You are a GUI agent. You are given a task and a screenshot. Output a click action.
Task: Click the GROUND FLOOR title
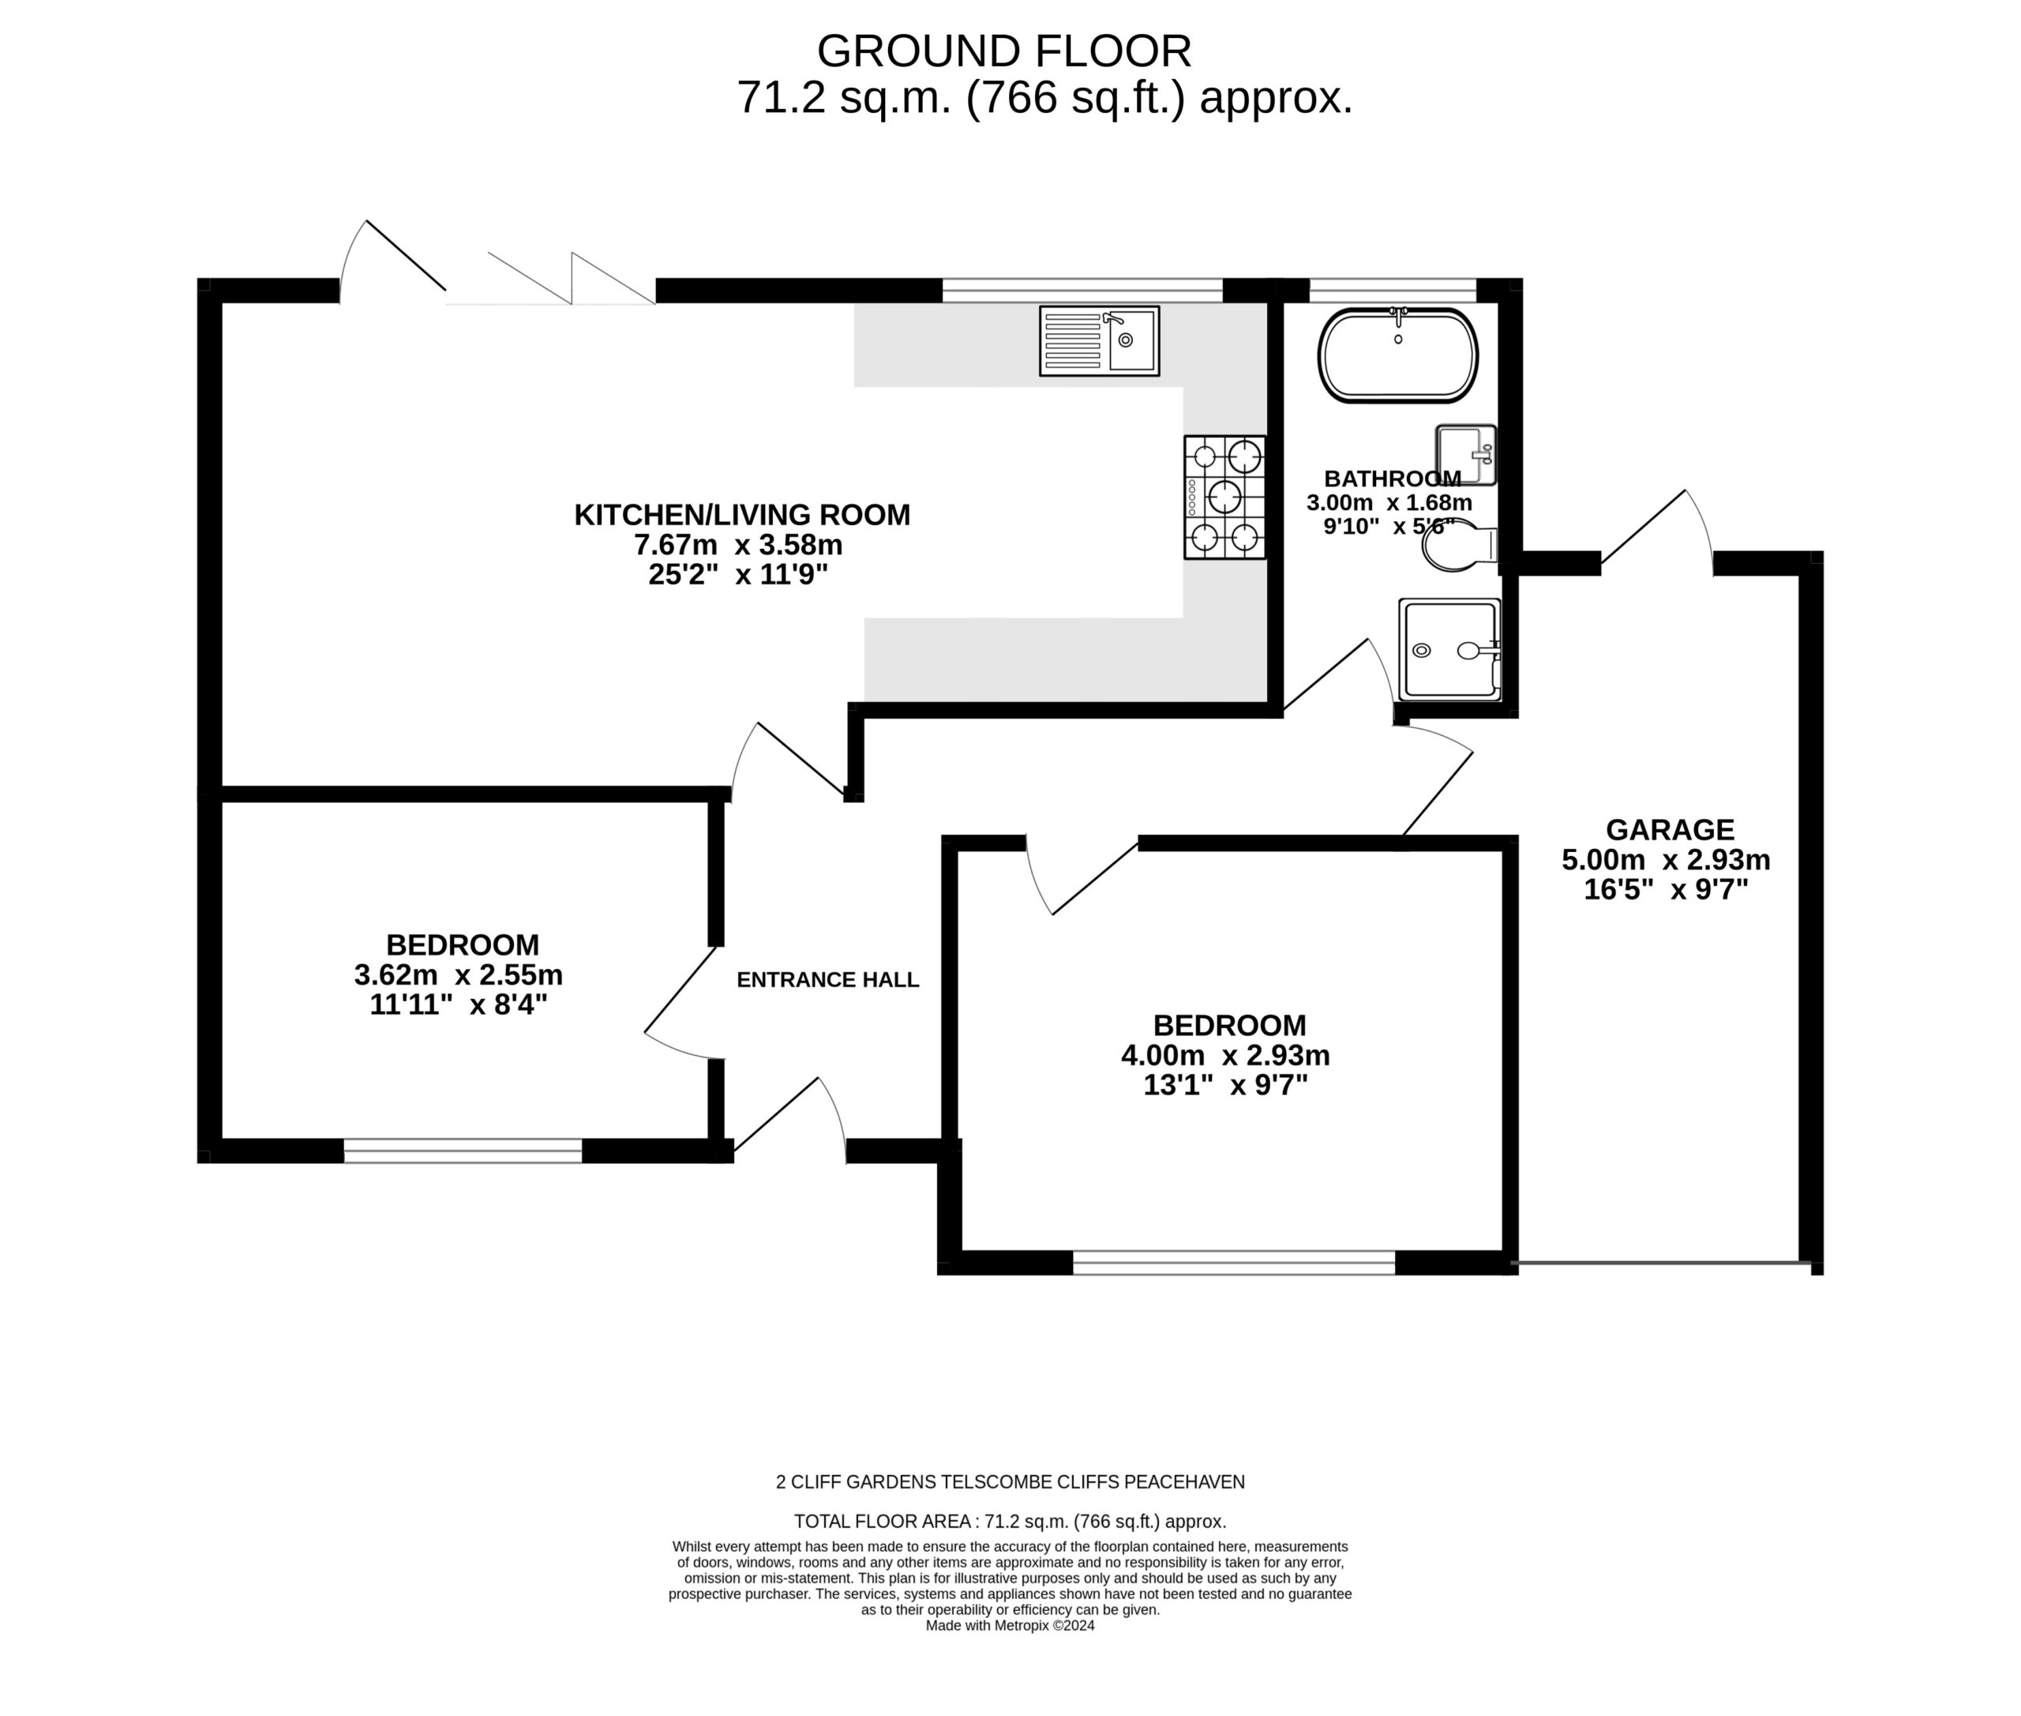coord(1003,51)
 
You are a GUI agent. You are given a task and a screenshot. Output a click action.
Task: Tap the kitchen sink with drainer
coord(1099,340)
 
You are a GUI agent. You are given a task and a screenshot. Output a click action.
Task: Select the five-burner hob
coord(1224,497)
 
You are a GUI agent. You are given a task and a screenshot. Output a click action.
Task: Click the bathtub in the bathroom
coord(1397,355)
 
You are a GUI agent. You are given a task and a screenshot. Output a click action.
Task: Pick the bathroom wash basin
coord(1466,454)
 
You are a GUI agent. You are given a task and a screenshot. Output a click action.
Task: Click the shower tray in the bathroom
coord(1449,649)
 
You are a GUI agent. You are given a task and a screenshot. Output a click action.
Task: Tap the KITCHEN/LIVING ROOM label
coord(742,515)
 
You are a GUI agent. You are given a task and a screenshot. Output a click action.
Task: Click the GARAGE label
coord(1670,830)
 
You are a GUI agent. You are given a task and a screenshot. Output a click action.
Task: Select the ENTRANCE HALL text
coord(827,979)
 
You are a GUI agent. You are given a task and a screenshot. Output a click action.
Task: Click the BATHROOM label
coord(1392,479)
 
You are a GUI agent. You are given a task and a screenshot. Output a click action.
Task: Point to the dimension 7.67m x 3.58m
coord(738,545)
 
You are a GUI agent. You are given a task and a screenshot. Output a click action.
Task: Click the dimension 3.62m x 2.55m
coord(458,974)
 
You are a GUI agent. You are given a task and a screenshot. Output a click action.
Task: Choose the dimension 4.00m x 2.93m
coord(1225,1054)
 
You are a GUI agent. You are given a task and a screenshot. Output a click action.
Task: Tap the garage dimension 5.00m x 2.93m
coord(1666,860)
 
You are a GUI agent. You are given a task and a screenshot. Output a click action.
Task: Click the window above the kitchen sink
coord(1082,290)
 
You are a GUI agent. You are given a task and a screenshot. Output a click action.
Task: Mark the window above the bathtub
coord(1393,290)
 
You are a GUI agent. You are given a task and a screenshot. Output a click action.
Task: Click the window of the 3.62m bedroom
coord(463,1151)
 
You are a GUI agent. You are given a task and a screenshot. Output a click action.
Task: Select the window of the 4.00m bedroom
coord(1233,1263)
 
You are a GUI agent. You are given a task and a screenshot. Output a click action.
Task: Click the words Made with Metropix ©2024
coord(1010,1625)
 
